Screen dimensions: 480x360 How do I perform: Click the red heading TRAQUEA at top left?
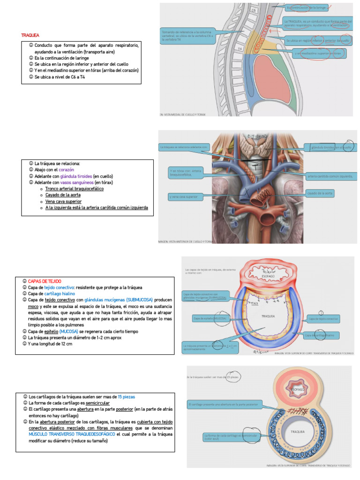pos(30,35)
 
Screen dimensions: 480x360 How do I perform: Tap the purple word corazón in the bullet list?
pos(66,170)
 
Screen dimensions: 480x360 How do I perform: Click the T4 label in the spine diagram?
pos(240,49)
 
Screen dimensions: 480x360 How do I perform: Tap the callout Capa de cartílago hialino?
pos(322,335)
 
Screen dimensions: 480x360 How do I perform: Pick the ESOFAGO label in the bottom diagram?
pos(299,390)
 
